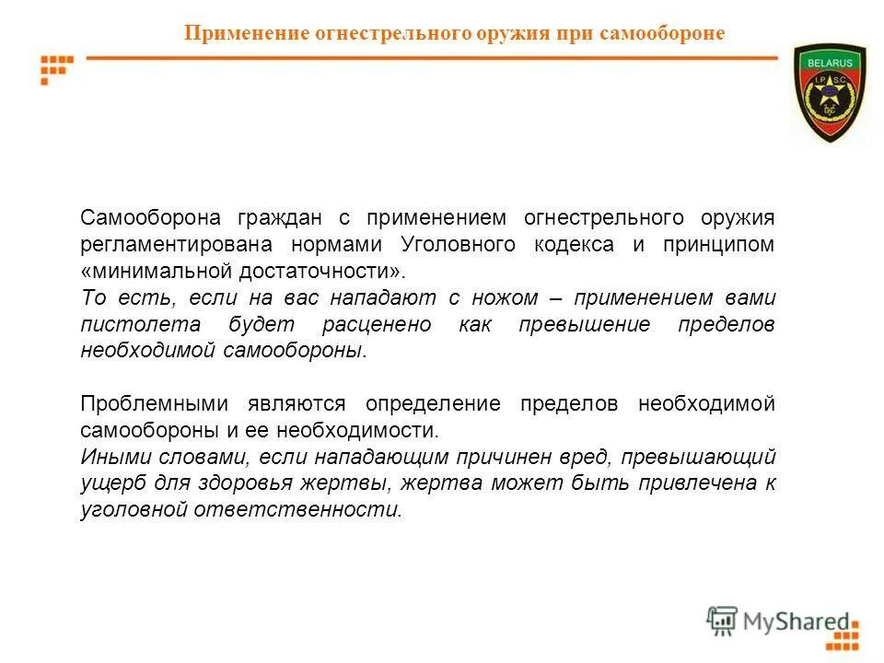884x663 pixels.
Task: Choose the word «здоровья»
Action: pos(300,484)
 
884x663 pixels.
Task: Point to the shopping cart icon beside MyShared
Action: pos(722,622)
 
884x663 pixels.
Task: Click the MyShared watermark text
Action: pos(797,622)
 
